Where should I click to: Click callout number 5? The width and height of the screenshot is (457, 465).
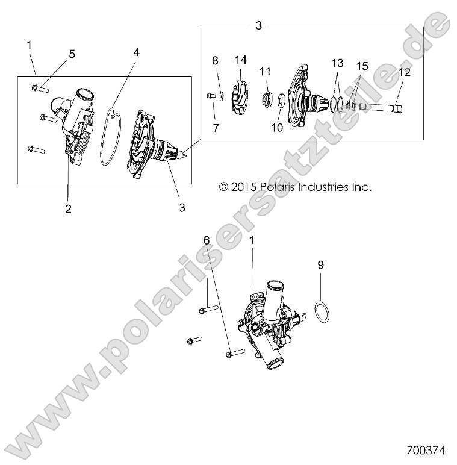(x=72, y=54)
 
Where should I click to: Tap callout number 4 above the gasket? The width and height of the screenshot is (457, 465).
(x=137, y=52)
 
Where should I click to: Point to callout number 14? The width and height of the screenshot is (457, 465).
(x=241, y=60)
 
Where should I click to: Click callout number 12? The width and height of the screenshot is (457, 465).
(x=403, y=73)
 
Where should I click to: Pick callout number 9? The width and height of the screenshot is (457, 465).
(x=320, y=264)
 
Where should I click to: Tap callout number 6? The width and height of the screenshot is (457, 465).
(x=207, y=240)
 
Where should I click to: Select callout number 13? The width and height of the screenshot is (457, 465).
(x=337, y=63)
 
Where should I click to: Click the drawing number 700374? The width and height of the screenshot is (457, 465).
(x=425, y=450)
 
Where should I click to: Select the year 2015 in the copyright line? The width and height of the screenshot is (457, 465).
(x=243, y=187)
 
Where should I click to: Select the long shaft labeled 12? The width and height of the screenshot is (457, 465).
(x=382, y=108)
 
